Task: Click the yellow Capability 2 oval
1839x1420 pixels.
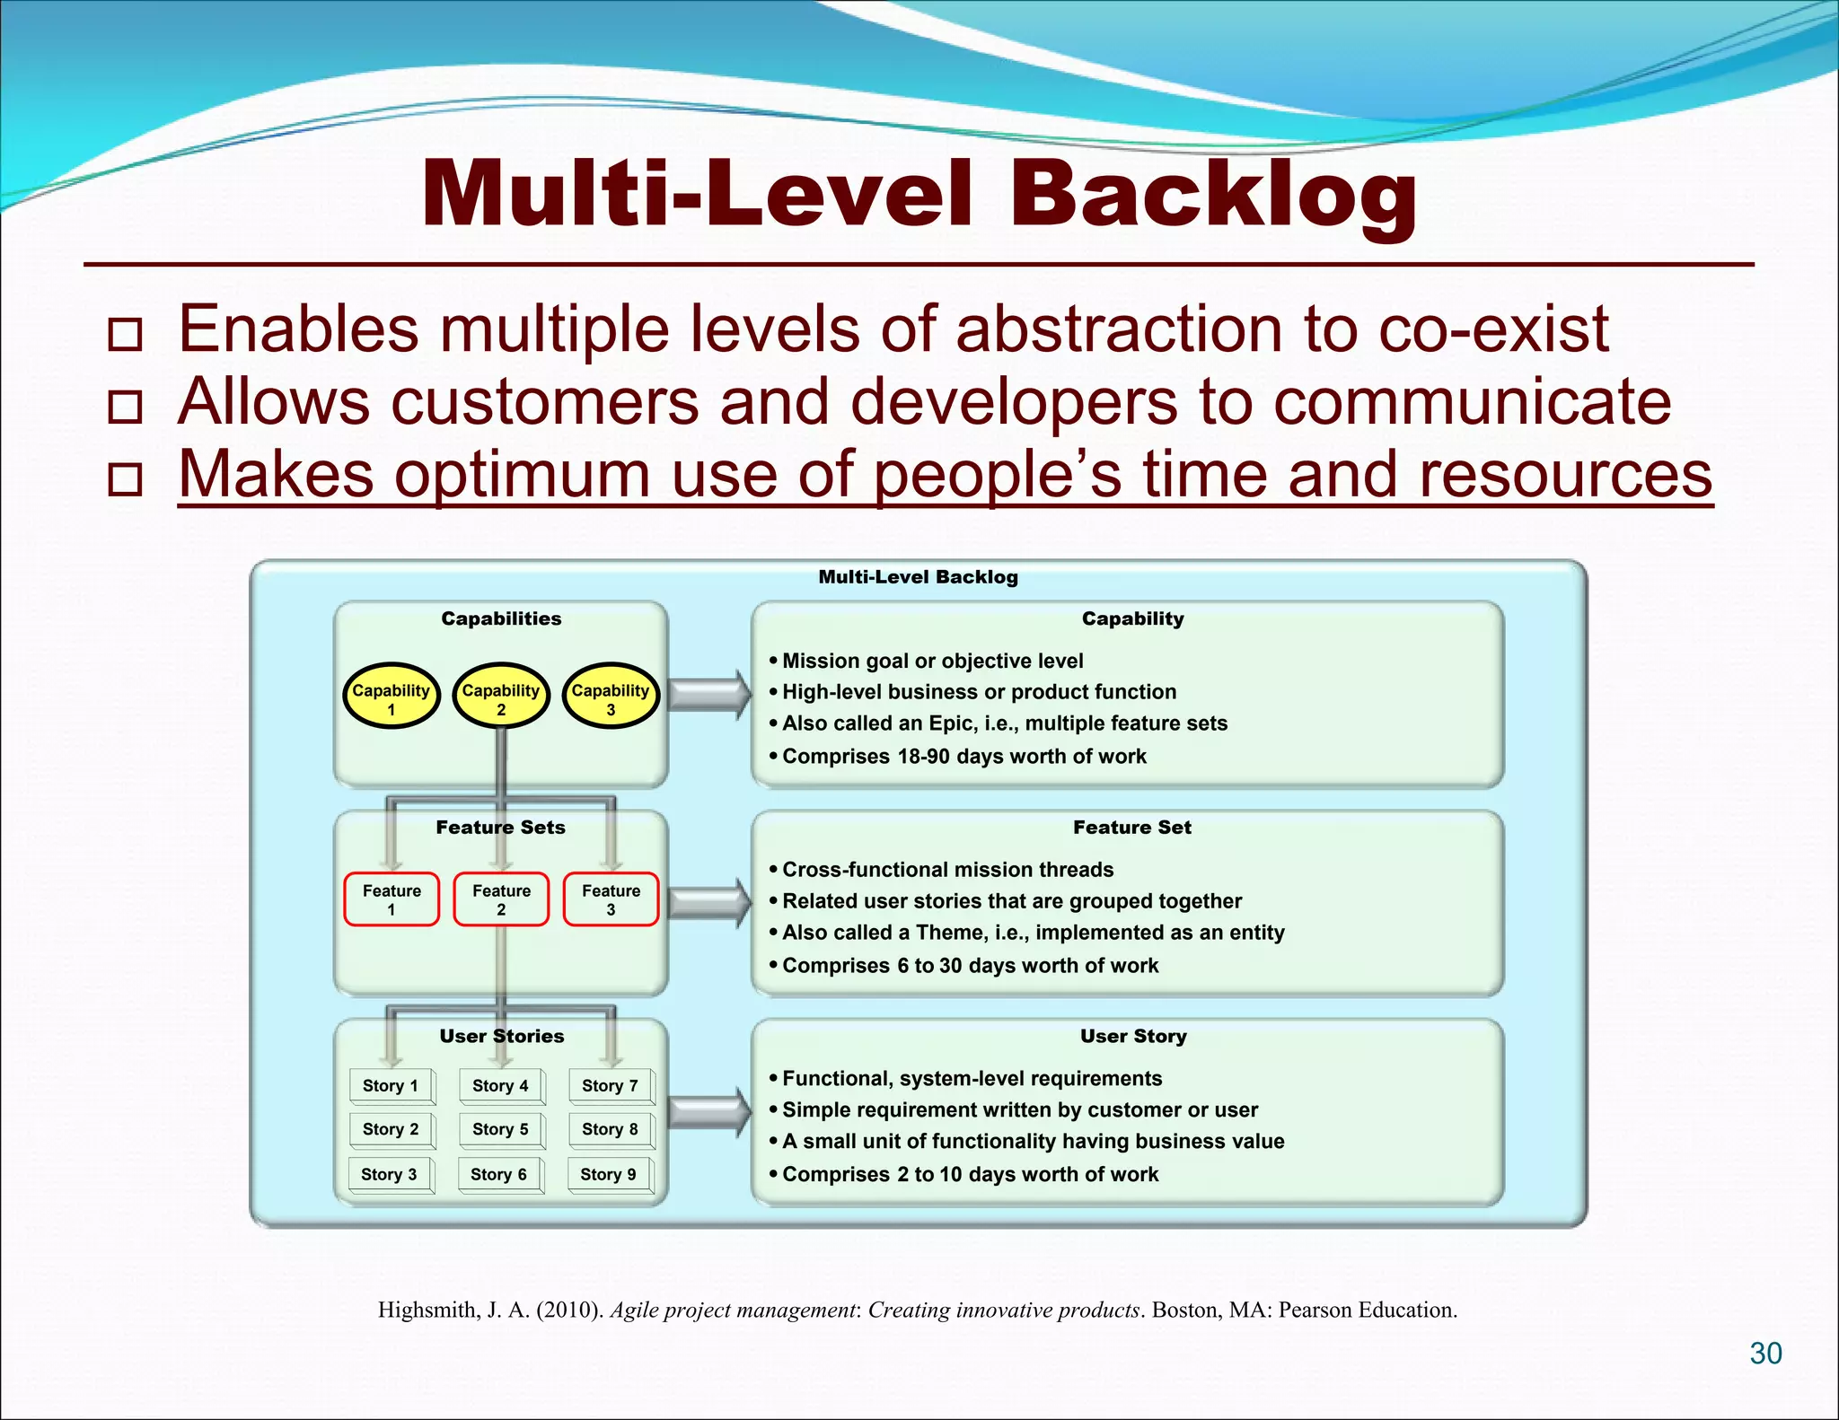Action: pos(501,697)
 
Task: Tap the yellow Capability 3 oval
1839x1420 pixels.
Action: pos(611,697)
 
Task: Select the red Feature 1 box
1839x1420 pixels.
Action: pos(392,899)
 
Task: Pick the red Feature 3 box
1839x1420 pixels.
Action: pos(611,899)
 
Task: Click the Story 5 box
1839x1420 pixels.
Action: pos(500,1129)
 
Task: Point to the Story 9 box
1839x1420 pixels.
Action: pos(608,1174)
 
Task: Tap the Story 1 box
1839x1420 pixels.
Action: pos(391,1085)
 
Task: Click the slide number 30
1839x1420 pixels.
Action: pos(1765,1353)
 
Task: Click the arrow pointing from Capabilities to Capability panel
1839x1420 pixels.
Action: pos(709,695)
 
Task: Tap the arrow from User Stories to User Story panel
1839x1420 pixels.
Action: pos(709,1113)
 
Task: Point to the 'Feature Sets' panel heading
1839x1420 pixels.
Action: pos(501,828)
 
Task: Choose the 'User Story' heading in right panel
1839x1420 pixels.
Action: pos(1133,1036)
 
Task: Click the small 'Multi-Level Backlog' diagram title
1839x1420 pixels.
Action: pos(918,577)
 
